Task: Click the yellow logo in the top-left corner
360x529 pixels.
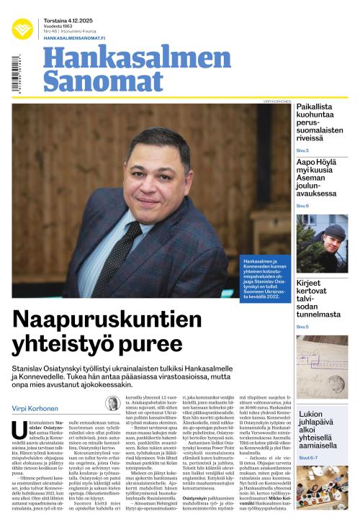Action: pyautogui.click(x=22, y=28)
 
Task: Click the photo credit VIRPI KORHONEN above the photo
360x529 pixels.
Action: pyautogui.click(x=276, y=101)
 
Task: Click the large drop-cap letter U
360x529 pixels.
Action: pyautogui.click(x=19, y=432)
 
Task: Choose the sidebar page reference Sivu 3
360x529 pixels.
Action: pyautogui.click(x=302, y=150)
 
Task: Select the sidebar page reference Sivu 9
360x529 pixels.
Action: pyautogui.click(x=302, y=207)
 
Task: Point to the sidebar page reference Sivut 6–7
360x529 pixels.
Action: pyautogui.click(x=307, y=457)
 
